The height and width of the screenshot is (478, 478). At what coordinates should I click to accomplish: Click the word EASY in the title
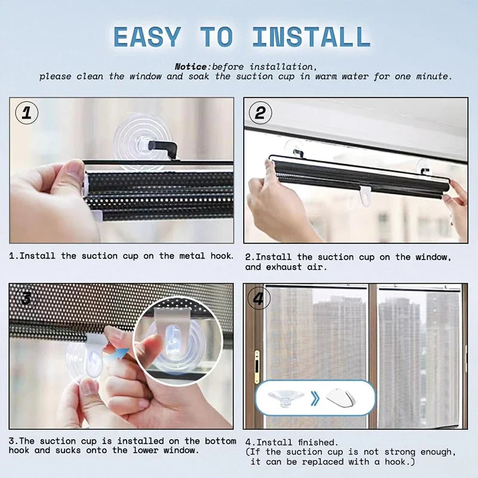click(x=147, y=36)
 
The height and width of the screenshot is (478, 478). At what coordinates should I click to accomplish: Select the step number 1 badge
click(x=26, y=113)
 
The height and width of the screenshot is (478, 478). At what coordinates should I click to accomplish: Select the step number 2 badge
click(x=260, y=113)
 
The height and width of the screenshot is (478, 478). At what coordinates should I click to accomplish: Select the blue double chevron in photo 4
click(x=315, y=397)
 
